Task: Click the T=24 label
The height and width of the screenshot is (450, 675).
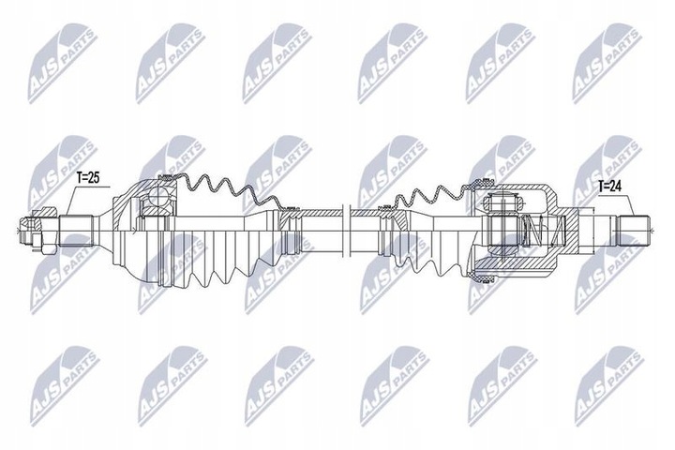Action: pyautogui.click(x=609, y=187)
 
